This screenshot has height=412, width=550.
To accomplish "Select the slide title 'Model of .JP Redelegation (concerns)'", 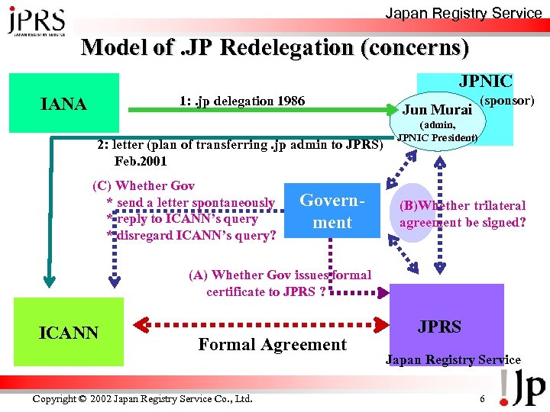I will [275, 47].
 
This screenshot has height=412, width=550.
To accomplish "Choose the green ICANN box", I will [69, 333].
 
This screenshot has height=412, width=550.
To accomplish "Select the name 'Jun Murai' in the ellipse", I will [436, 109].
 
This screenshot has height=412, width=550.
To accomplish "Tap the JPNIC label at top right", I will [485, 82].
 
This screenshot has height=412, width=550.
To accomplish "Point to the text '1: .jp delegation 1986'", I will [242, 101].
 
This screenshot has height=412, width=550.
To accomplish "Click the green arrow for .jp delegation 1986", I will [260, 111].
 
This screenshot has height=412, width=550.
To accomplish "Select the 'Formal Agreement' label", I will [272, 344].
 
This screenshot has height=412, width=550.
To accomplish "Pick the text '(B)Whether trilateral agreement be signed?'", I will [462, 214].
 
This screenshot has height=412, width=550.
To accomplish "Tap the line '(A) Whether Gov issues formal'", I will [280, 275].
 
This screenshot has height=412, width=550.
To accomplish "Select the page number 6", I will [482, 398].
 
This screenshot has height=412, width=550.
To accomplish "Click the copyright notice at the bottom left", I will [142, 398].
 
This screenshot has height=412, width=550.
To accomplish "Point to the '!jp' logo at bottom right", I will [522, 388].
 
